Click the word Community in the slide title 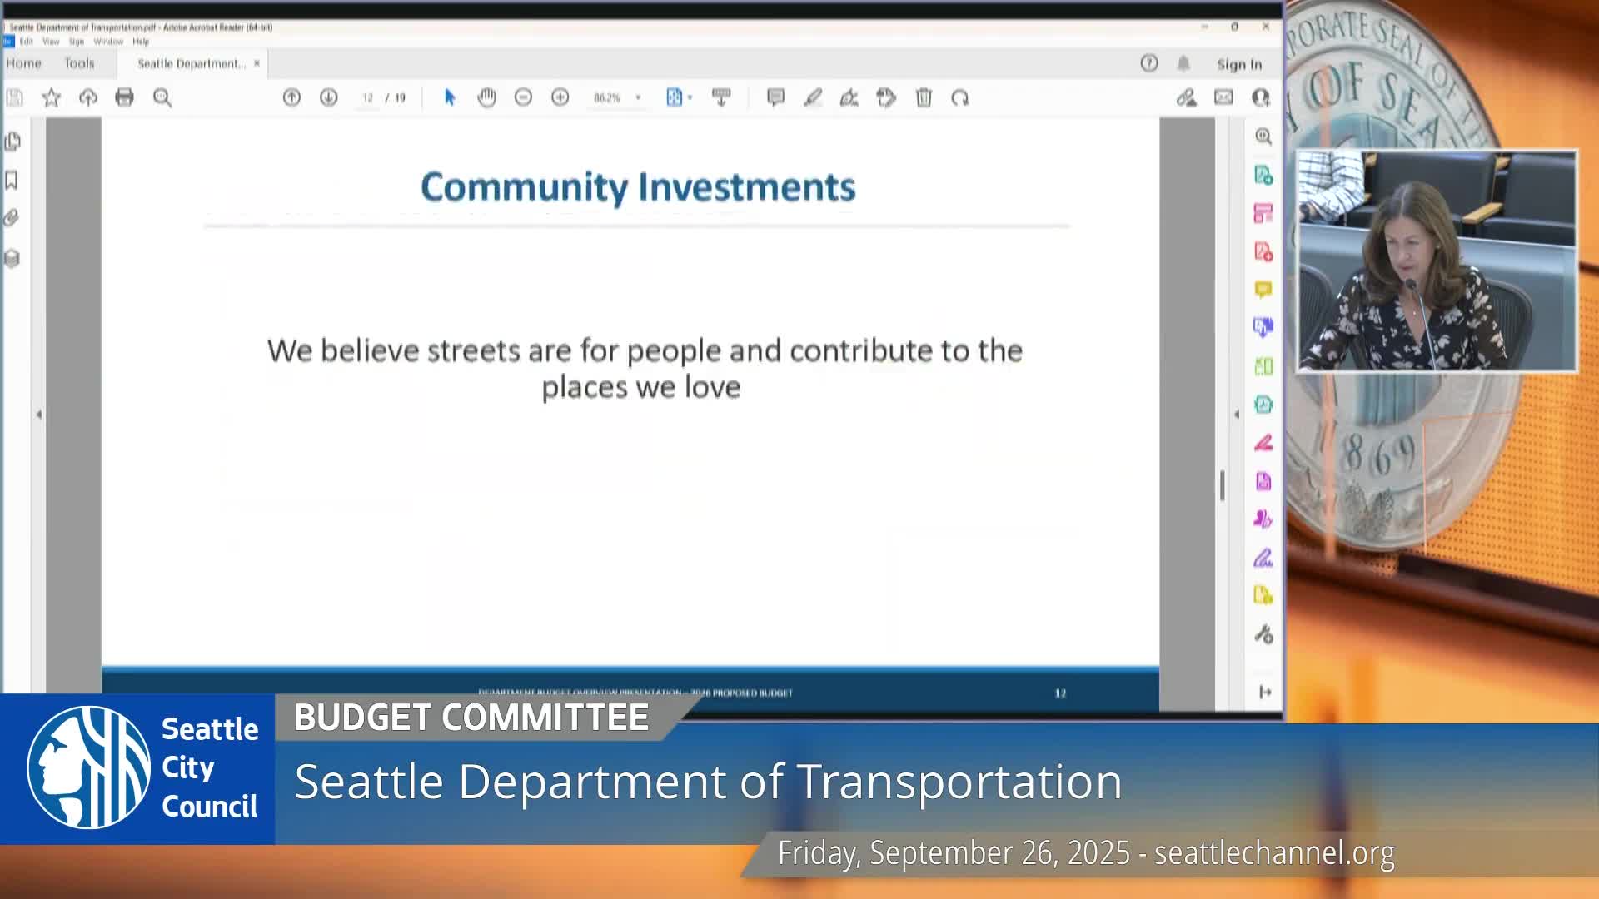pos(524,187)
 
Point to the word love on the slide pos(712,387)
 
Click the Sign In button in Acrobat pos(1238,64)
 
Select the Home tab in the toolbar pos(23,63)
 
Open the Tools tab pos(79,63)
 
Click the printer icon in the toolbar pos(124,97)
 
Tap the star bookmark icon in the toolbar pos(52,97)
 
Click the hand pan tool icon pos(486,97)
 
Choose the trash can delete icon pos(924,97)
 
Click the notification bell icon pos(1183,63)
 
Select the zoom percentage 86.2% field pos(607,97)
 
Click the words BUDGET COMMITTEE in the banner pos(471,718)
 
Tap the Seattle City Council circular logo pos(89,767)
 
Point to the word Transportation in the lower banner pos(959,782)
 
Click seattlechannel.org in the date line pos(1274,853)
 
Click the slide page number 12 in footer pos(1060,693)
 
